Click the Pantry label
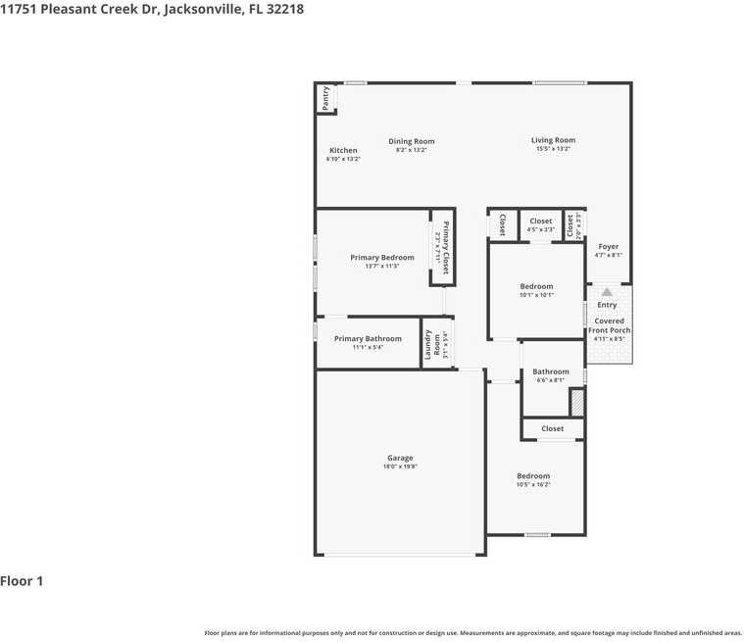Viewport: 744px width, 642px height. pyautogui.click(x=325, y=98)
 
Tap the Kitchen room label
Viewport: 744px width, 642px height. pyautogui.click(x=343, y=151)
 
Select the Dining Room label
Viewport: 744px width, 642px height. pyautogui.click(x=411, y=141)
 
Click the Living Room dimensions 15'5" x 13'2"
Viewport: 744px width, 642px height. pyautogui.click(x=553, y=149)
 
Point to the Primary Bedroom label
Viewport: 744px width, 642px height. pyautogui.click(x=381, y=258)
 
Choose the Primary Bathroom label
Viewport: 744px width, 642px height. pyautogui.click(x=368, y=339)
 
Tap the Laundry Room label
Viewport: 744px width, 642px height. pyautogui.click(x=428, y=344)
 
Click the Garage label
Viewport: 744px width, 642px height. pyautogui.click(x=400, y=458)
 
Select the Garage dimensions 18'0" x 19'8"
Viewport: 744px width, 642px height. pyautogui.click(x=400, y=467)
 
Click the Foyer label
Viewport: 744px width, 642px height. pyautogui.click(x=608, y=247)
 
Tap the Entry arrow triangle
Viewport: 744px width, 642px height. pyautogui.click(x=607, y=291)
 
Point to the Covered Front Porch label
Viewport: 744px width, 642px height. pyautogui.click(x=609, y=325)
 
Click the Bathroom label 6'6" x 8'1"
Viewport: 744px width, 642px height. pyautogui.click(x=550, y=371)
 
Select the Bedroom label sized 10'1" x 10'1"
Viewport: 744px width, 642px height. pyautogui.click(x=536, y=286)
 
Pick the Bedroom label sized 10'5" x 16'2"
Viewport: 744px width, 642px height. pyautogui.click(x=533, y=476)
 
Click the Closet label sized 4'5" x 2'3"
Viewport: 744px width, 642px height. pyautogui.click(x=540, y=222)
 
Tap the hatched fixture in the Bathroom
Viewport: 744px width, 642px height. pyautogui.click(x=577, y=402)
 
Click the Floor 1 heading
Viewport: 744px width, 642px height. pyautogui.click(x=22, y=581)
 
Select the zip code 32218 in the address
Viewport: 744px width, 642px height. pyautogui.click(x=284, y=9)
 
